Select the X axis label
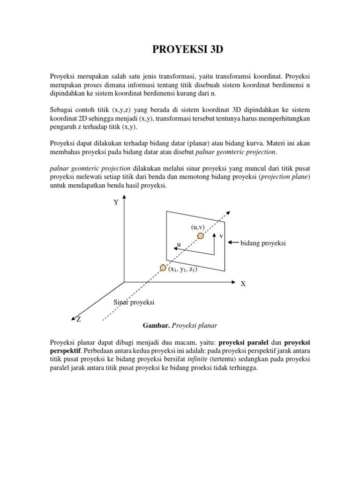click(243, 284)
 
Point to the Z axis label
click(79, 319)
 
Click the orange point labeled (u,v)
click(201, 236)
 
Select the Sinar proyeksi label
click(134, 302)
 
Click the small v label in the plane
click(221, 236)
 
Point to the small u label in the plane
click(178, 244)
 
